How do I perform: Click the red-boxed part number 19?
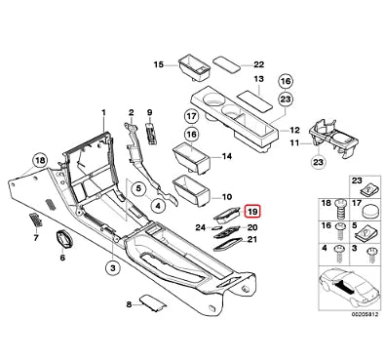[x=253, y=213]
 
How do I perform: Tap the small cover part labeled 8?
[x=153, y=302]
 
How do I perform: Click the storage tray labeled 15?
[x=193, y=67]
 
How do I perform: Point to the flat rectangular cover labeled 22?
[x=227, y=63]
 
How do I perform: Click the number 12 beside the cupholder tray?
[x=294, y=131]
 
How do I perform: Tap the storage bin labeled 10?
[x=192, y=190]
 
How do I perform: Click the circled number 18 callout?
[x=40, y=161]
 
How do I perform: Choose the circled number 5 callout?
[x=138, y=188]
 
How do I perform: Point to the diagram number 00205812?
[x=365, y=315]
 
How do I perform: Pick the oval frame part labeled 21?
[x=228, y=243]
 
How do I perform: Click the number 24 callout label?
[x=201, y=227]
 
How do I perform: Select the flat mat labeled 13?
[x=255, y=99]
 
